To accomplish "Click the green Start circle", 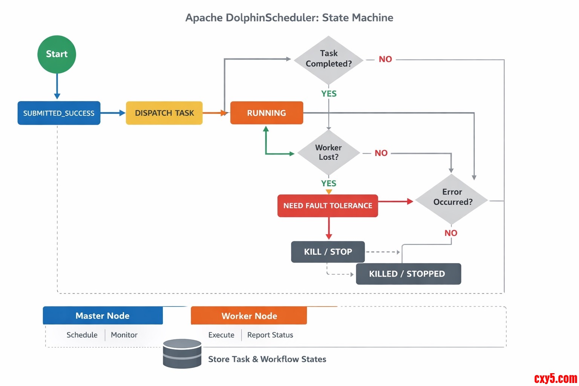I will click(x=57, y=54).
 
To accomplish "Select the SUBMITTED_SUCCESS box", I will click(x=59, y=113).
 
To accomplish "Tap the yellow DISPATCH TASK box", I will click(x=164, y=113).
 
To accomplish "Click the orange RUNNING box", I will click(x=267, y=113).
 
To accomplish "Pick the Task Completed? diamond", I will click(x=328, y=59).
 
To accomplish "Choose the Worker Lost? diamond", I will click(x=328, y=153).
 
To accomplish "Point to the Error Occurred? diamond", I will click(x=452, y=198).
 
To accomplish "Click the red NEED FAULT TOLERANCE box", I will click(x=328, y=206).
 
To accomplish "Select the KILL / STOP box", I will click(x=328, y=252).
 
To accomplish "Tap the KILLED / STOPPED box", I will click(x=408, y=274).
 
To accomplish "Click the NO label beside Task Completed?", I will click(x=385, y=59).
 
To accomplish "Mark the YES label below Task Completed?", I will click(x=329, y=93).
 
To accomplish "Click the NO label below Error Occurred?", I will click(x=451, y=233).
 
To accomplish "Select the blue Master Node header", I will click(x=103, y=316).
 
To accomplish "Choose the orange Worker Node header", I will click(x=249, y=316).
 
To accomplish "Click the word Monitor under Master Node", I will click(x=124, y=335).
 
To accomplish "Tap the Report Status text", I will click(x=270, y=335).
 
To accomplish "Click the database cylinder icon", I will click(x=182, y=354).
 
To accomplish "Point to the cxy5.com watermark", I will click(x=555, y=378).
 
